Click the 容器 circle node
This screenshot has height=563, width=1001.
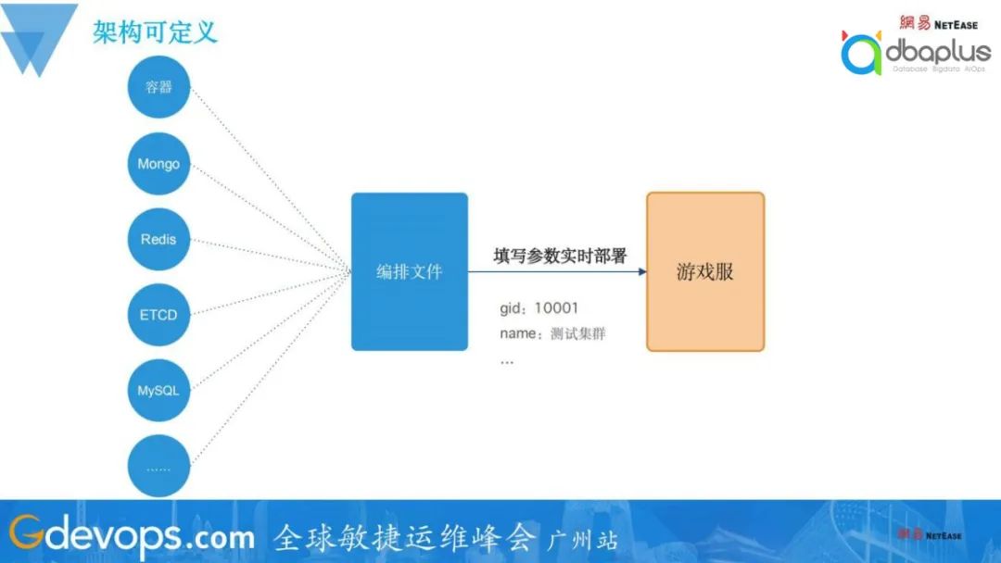pos(159,87)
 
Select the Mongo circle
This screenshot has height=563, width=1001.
pos(159,163)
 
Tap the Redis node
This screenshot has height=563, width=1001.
pos(159,239)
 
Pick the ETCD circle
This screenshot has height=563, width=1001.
pos(159,314)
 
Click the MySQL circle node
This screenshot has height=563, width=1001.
pos(159,390)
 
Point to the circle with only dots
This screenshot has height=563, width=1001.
pos(159,466)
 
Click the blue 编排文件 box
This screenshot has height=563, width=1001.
pos(410,271)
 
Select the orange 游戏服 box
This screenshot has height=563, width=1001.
pos(705,271)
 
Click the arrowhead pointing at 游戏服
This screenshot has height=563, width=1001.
pos(642,271)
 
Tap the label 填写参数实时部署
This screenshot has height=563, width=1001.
pos(560,256)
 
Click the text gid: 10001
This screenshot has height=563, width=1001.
pos(539,308)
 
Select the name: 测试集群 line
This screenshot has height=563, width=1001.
pos(552,333)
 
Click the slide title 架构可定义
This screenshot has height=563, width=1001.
pos(155,31)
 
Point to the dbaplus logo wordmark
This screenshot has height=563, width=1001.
pos(938,51)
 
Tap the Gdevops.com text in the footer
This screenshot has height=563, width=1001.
pos(132,535)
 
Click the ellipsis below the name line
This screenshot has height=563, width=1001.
pos(507,362)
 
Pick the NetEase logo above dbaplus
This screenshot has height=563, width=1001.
pos(938,23)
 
